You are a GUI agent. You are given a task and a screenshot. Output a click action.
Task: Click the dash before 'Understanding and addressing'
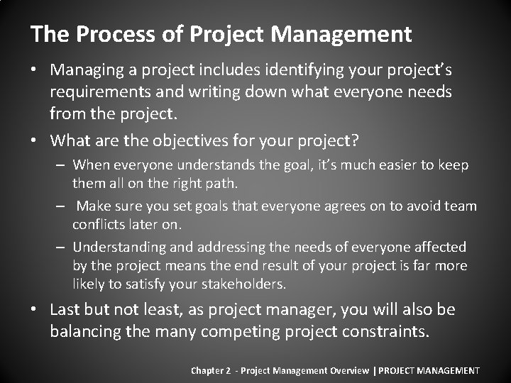tap(62, 248)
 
